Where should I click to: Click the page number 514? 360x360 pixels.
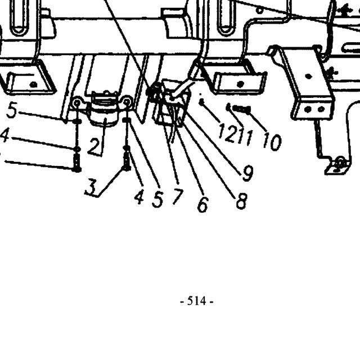tap(196, 301)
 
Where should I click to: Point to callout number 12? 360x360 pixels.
tap(227, 133)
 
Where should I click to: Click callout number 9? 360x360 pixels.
tap(247, 173)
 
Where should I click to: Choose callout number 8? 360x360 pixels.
tap(242, 200)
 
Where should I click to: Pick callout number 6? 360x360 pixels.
tap(203, 204)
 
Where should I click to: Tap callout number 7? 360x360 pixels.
tap(178, 196)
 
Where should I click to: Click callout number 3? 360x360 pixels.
tap(91, 187)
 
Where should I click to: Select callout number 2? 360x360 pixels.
tap(94, 146)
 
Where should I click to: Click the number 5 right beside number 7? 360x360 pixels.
tap(157, 199)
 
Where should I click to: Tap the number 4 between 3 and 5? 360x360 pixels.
tap(139, 197)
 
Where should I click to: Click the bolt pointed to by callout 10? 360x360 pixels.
tap(242, 109)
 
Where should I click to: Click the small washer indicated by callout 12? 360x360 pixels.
tap(201, 102)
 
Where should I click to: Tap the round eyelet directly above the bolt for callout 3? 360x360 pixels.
tap(127, 101)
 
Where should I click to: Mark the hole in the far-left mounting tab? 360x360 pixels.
tap(34, 84)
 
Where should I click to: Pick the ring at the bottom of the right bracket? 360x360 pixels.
tap(340, 163)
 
